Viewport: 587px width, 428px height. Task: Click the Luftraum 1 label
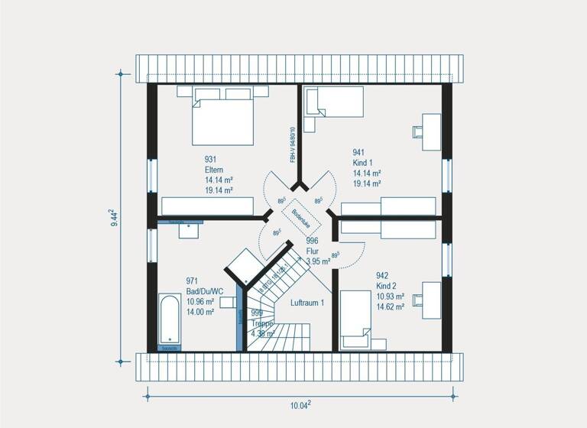(308, 303)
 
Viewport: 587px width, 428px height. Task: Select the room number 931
(210, 159)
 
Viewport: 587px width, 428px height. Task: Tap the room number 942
(382, 275)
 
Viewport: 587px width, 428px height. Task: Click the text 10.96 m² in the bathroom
(201, 301)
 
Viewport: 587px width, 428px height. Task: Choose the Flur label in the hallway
(313, 251)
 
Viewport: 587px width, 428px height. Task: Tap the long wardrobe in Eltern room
(207, 206)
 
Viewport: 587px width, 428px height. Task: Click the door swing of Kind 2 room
(348, 255)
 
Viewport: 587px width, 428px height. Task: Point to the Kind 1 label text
(362, 163)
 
